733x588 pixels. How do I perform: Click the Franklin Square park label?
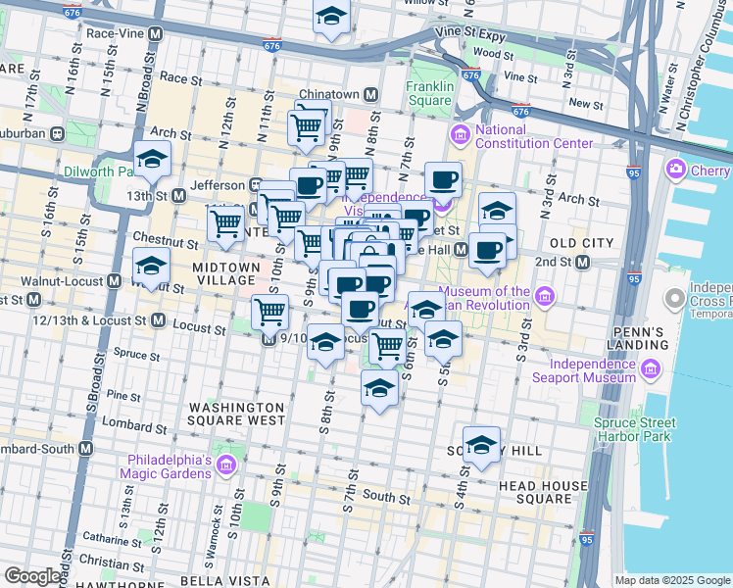(430, 93)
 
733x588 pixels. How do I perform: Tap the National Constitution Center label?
(533, 137)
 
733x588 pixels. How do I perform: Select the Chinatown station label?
(328, 94)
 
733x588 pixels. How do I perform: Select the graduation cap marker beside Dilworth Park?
(152, 159)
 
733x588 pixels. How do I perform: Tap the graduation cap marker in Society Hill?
(481, 445)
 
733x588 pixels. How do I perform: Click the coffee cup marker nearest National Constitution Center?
(444, 180)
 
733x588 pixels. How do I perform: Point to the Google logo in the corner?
(32, 576)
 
